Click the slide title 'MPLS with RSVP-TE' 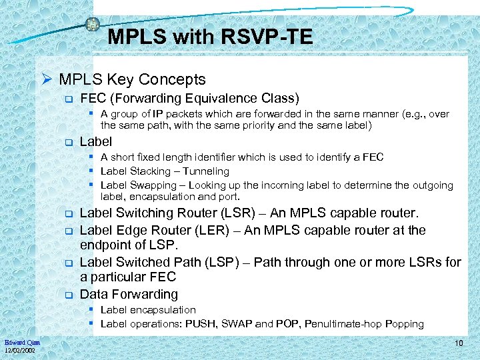210,37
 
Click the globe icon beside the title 93,24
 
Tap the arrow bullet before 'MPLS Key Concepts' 47,80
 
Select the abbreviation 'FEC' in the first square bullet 93,99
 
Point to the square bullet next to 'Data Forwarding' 67,295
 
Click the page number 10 459,343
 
